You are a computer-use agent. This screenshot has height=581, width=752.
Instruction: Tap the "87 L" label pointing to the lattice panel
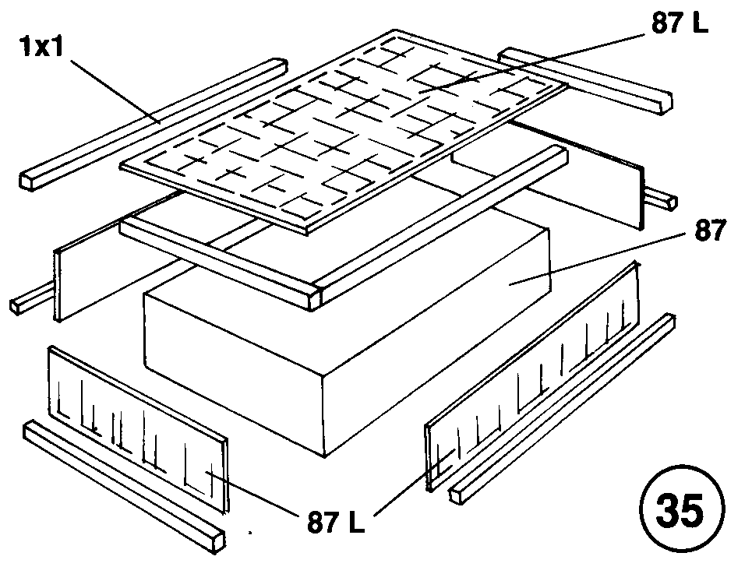676,25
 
